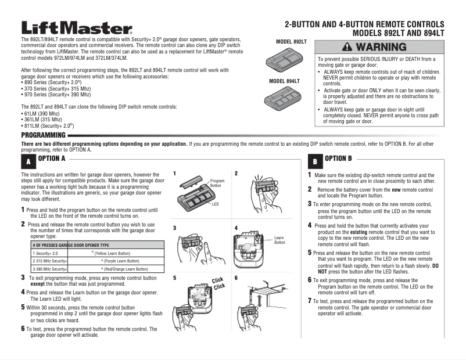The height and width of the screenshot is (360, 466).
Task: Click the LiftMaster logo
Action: [x=77, y=28]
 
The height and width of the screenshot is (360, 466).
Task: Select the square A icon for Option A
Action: [x=28, y=161]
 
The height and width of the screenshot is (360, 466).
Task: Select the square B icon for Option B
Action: [x=314, y=161]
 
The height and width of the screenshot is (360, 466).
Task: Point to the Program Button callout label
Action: [x=217, y=183]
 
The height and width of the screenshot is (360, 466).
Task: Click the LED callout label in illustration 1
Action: [x=215, y=204]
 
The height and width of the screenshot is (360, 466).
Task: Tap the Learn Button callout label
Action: [x=279, y=240]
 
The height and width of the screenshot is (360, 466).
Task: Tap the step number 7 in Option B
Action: [x=310, y=301]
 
